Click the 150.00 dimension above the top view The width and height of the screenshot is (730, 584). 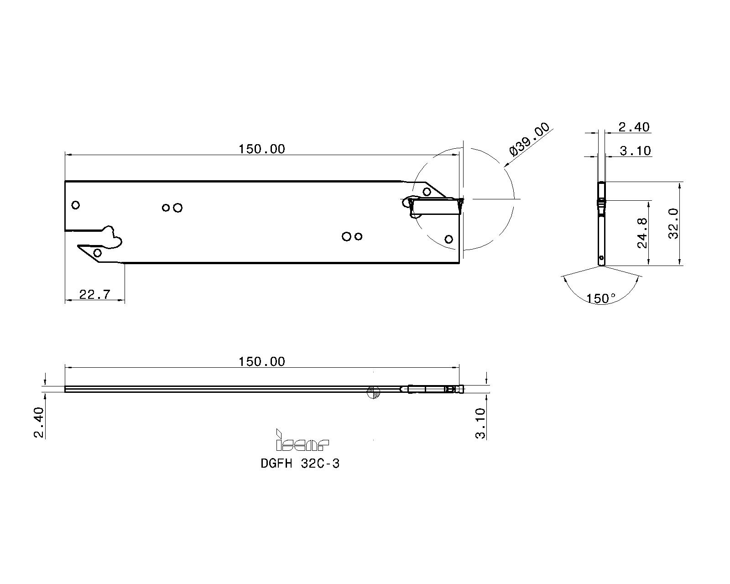(261, 149)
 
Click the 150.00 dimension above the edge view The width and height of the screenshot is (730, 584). (261, 361)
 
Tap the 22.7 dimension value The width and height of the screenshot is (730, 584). (94, 294)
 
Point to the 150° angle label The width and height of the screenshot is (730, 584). (601, 298)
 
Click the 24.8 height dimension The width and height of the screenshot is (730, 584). (642, 233)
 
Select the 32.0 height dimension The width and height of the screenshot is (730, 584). (673, 224)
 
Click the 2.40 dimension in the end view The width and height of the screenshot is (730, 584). (634, 127)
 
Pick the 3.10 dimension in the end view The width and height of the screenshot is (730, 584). (635, 151)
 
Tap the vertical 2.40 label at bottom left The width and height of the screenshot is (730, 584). (39, 422)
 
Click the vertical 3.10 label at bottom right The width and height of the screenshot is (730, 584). (480, 423)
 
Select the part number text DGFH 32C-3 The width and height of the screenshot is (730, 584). (300, 464)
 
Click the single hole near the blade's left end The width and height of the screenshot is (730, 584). (76, 205)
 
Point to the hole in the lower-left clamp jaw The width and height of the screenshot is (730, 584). (97, 253)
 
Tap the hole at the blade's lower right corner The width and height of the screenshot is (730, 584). (448, 239)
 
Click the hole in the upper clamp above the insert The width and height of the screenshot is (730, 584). (427, 191)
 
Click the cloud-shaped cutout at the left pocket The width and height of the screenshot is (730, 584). (112, 236)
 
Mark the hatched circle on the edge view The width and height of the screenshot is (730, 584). (373, 391)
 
